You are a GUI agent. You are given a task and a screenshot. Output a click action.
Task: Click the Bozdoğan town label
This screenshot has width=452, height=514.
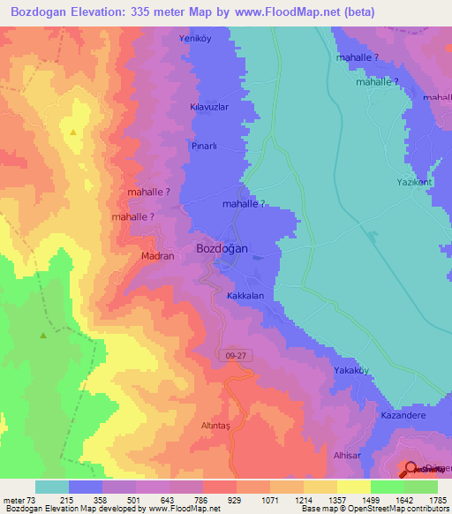click(x=221, y=249)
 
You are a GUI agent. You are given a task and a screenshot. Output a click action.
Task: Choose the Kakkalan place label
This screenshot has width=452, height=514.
click(x=245, y=297)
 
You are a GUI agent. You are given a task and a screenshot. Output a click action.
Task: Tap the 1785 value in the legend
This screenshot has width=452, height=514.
click(x=436, y=500)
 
